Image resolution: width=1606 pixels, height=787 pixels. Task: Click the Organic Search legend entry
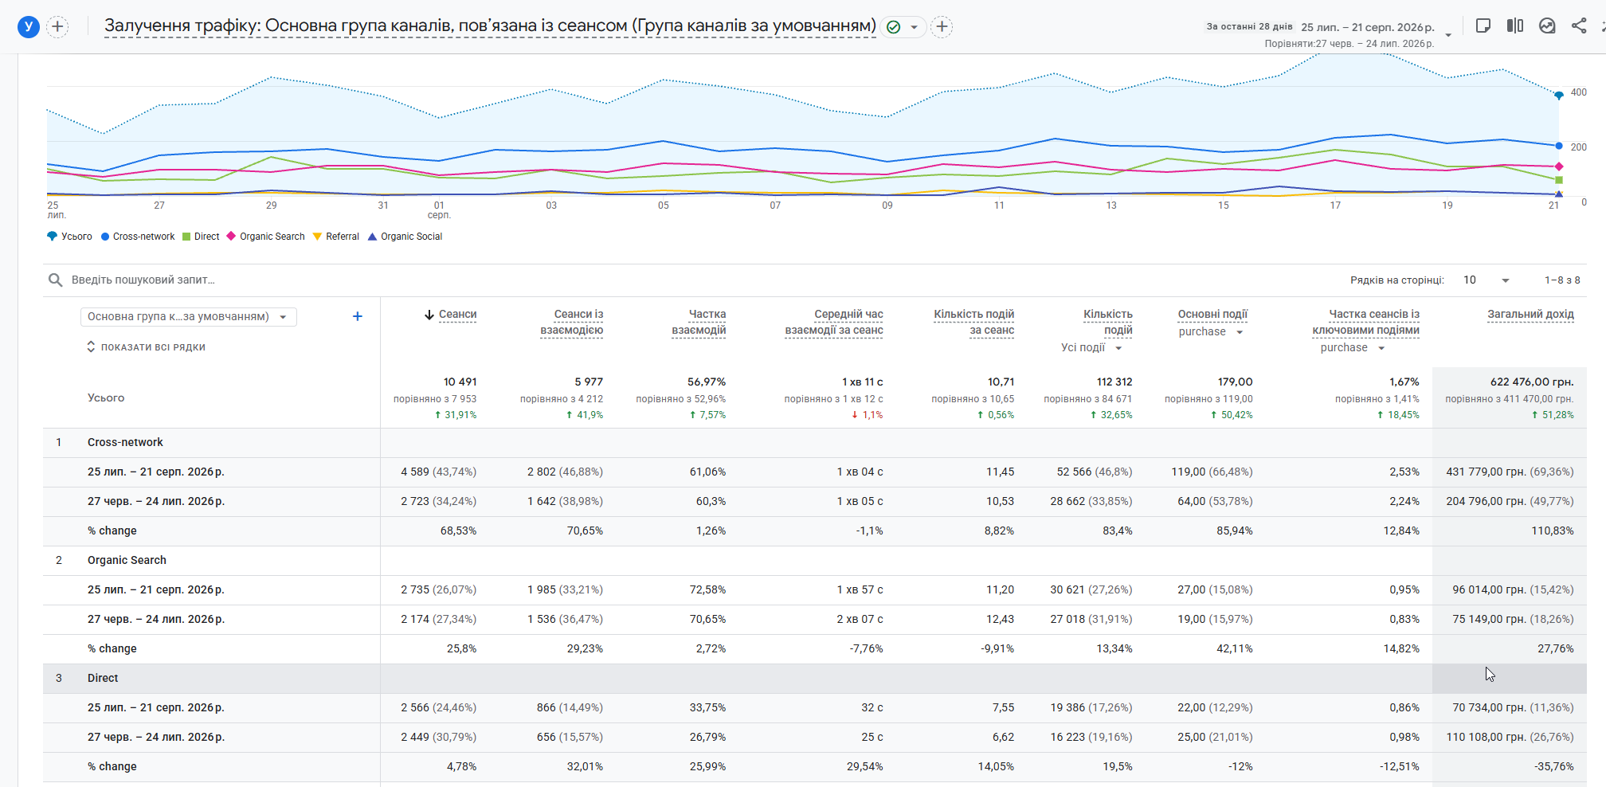click(x=265, y=237)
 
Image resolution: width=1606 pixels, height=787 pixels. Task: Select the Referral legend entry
click(x=335, y=237)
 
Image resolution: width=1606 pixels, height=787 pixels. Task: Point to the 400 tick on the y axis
click(x=1578, y=92)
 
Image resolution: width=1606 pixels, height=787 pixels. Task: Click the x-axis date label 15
click(x=1223, y=206)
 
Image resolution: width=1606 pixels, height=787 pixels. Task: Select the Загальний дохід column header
click(x=1530, y=315)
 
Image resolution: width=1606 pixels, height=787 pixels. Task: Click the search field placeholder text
click(x=143, y=280)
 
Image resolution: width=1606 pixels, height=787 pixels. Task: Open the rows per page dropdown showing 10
click(x=1486, y=280)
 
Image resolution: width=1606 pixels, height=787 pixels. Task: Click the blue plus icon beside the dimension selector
click(x=358, y=316)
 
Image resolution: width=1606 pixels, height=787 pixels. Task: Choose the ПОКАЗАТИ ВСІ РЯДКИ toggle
click(x=146, y=347)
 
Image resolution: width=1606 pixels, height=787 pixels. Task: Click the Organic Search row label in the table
click(x=127, y=560)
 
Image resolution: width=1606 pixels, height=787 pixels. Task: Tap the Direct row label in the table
click(x=103, y=678)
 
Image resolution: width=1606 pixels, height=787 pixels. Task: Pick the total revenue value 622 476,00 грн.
click(x=1532, y=382)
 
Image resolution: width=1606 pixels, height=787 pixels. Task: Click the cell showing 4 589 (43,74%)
click(x=438, y=472)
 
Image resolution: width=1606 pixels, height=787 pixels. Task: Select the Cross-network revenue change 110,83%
click(x=1553, y=531)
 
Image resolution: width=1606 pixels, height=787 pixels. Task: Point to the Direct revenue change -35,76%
click(x=1554, y=766)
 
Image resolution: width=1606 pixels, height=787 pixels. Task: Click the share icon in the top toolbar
click(x=1579, y=25)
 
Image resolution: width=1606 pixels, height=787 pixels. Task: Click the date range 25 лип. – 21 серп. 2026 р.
click(x=1368, y=27)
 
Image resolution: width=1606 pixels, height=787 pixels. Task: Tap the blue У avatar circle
click(x=29, y=27)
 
